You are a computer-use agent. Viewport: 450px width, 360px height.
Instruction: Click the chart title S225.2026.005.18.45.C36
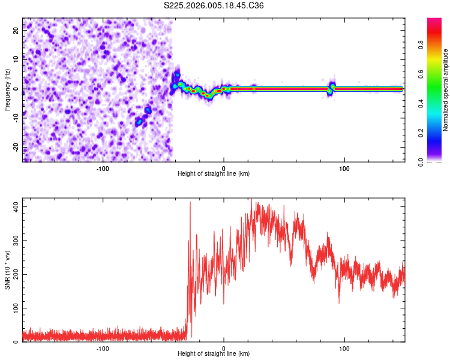tap(214, 5)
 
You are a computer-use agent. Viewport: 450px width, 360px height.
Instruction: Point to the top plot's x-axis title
tap(214, 173)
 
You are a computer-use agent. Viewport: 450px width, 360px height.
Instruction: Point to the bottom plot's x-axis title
tap(214, 353)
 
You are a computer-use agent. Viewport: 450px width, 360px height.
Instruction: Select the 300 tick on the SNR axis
tap(14, 240)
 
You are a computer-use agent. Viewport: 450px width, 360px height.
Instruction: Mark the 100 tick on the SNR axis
tap(14, 308)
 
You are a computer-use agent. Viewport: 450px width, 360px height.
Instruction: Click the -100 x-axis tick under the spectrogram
tap(103, 167)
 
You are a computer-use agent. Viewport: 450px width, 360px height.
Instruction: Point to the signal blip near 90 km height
tap(331, 88)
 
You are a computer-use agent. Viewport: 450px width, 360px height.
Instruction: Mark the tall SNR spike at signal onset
tap(190, 204)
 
